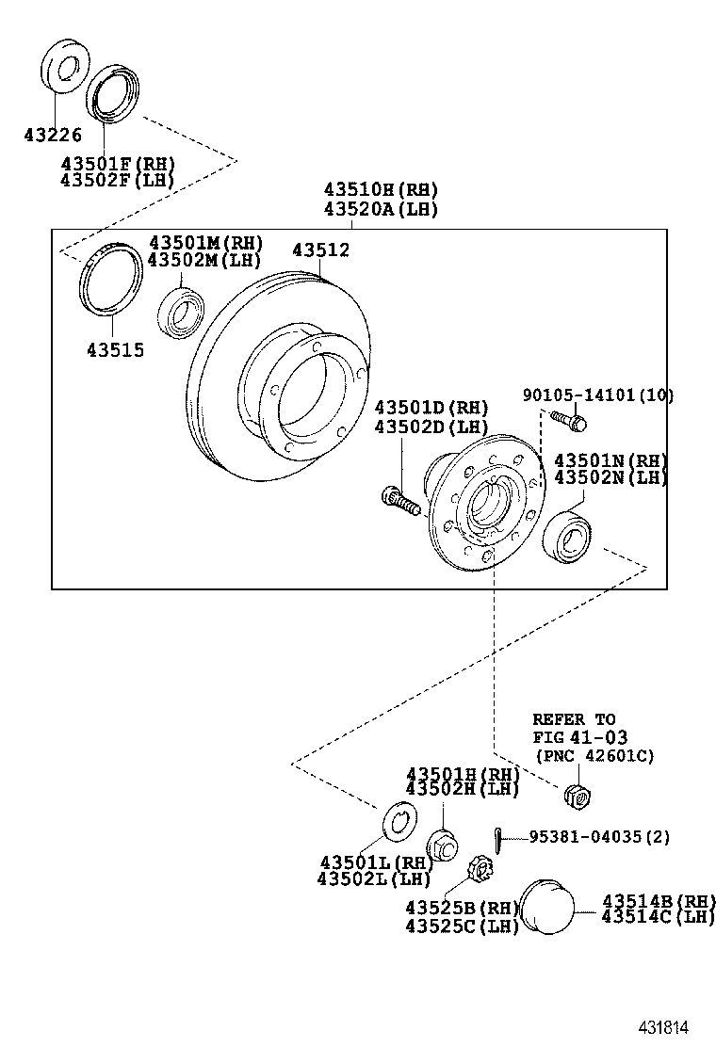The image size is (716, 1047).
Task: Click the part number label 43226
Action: [x=53, y=135]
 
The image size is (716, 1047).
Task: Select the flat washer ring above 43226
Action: [x=65, y=67]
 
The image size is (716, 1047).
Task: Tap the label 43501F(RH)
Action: [x=117, y=163]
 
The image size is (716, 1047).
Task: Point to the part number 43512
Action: [x=320, y=250]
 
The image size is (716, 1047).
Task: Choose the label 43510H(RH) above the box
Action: [x=381, y=190]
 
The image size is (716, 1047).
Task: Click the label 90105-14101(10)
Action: [x=598, y=395]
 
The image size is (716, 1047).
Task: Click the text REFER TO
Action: [x=574, y=719]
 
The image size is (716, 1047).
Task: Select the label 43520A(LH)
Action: [x=381, y=210]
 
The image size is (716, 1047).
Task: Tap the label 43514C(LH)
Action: [x=659, y=918]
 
